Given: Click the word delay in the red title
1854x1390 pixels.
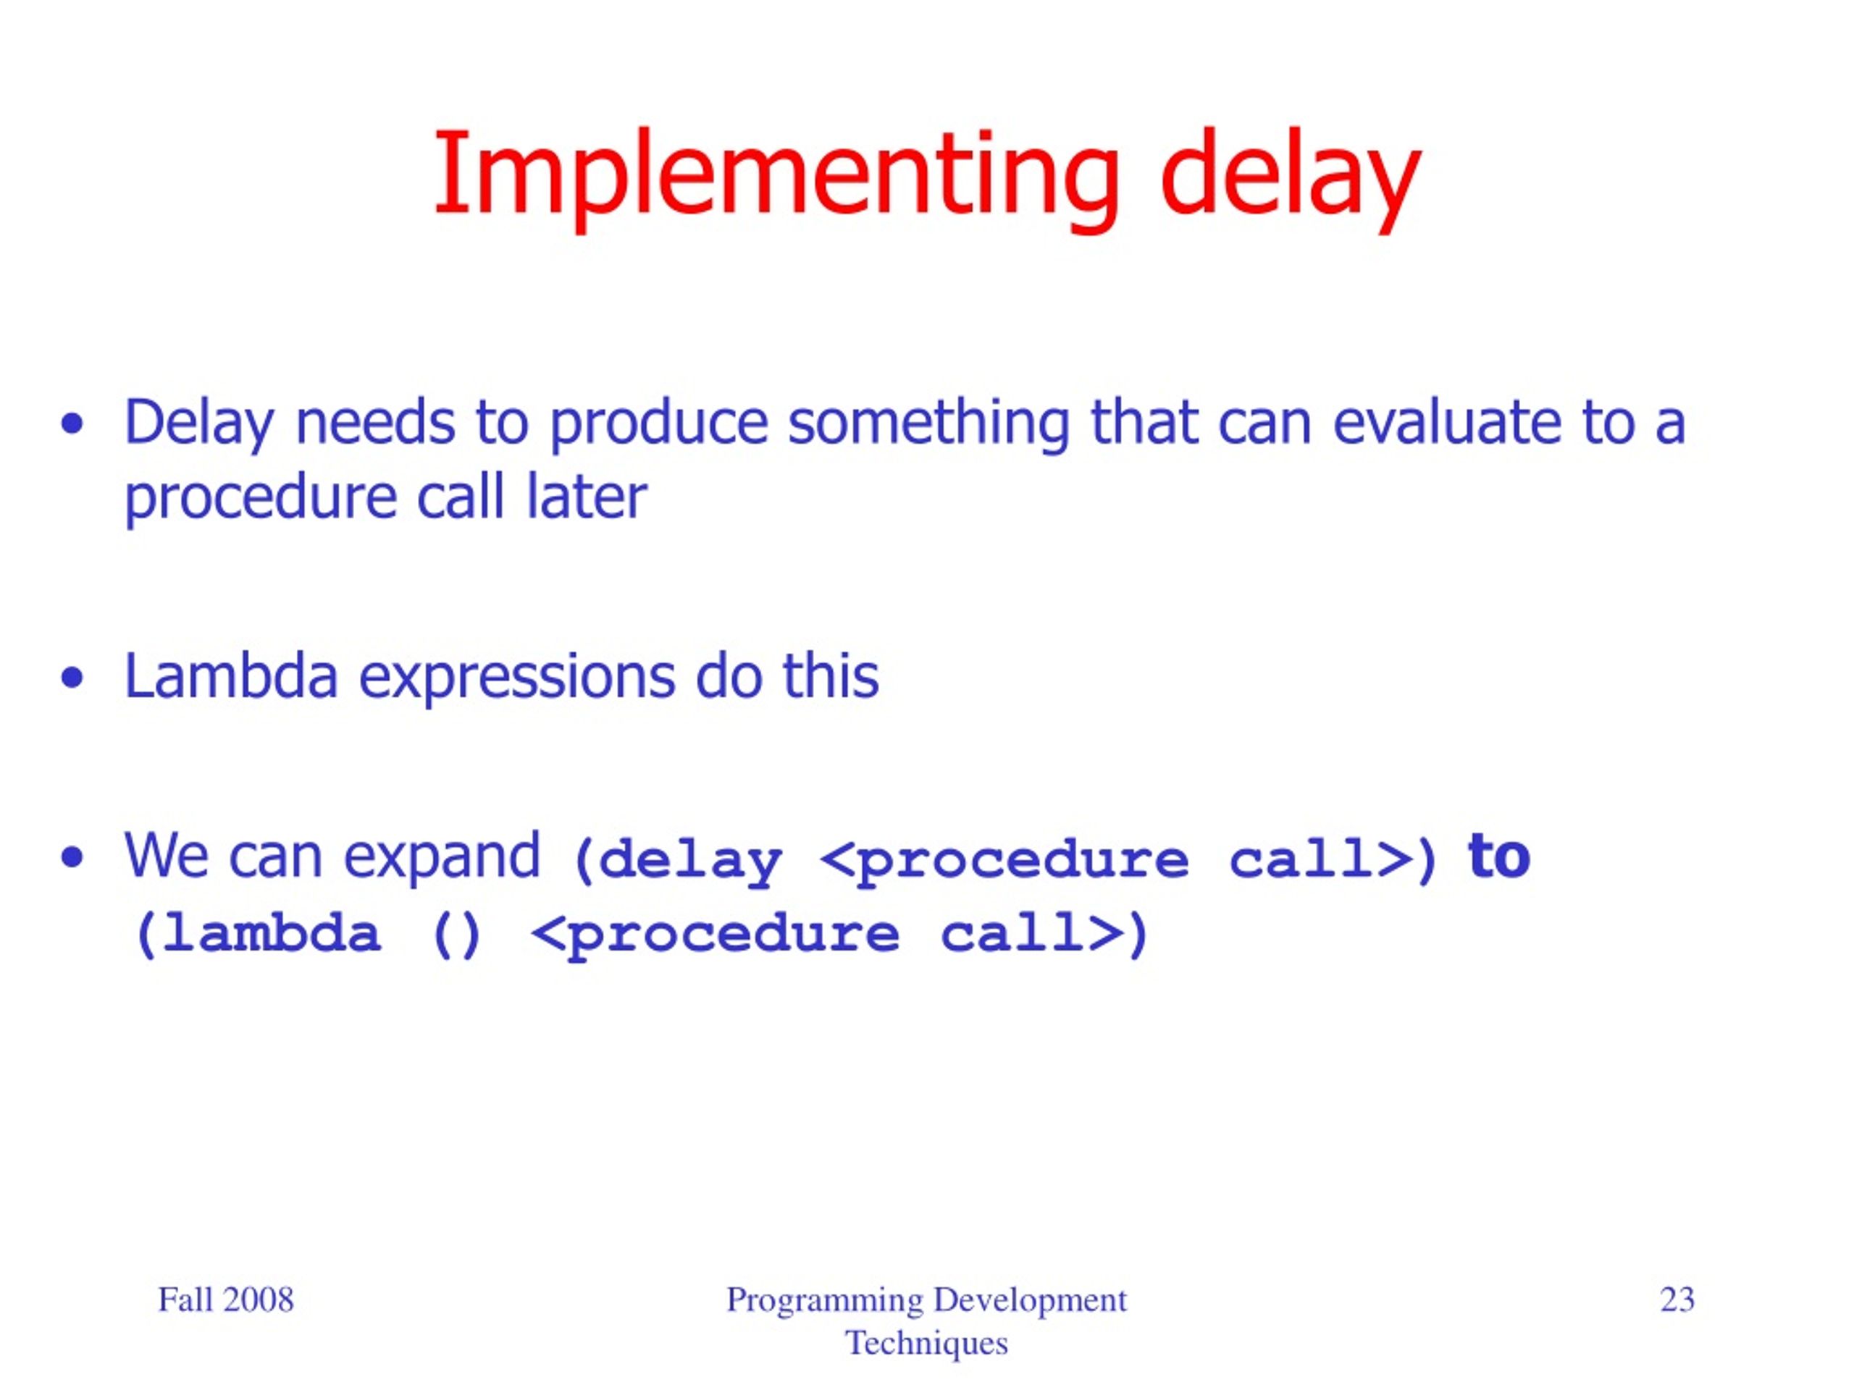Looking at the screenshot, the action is pyautogui.click(x=1290, y=177).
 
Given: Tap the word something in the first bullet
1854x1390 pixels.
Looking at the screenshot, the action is pyautogui.click(x=928, y=422).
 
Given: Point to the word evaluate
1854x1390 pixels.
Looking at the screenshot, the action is pyautogui.click(x=1447, y=422).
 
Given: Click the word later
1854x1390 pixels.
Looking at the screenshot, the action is pyautogui.click(x=587, y=497).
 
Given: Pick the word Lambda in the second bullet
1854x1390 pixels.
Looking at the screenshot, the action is pyautogui.click(x=231, y=676).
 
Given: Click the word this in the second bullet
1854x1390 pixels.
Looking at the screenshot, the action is pyautogui.click(x=831, y=676).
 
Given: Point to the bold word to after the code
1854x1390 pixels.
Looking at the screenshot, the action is pyautogui.click(x=1498, y=856).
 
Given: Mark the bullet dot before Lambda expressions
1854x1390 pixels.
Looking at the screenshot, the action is pyautogui.click(x=73, y=678).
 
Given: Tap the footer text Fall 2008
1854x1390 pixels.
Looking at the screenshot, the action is pyautogui.click(x=225, y=1300).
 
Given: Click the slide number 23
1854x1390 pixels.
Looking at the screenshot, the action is pyautogui.click(x=1677, y=1300).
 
